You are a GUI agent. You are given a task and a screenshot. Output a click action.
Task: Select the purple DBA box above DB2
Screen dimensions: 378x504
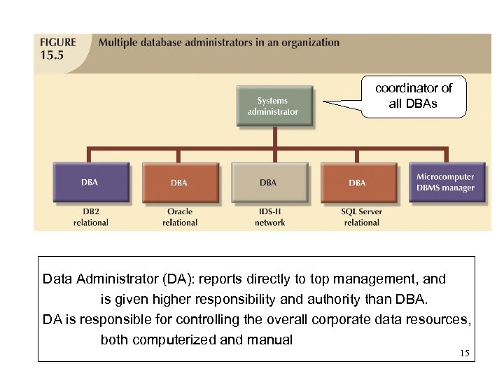pos(91,183)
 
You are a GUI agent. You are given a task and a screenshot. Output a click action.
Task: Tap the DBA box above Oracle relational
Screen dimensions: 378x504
pos(180,183)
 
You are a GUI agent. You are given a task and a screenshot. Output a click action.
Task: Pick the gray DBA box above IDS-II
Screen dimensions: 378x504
pos(269,183)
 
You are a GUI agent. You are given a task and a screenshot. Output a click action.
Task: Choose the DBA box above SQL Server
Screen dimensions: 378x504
pos(358,183)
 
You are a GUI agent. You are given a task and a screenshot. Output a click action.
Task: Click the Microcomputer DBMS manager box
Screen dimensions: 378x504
pos(446,182)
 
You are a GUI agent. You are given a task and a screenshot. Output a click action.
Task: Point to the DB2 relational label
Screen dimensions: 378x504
pos(91,217)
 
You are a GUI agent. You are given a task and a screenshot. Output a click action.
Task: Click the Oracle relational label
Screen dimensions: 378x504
pos(180,217)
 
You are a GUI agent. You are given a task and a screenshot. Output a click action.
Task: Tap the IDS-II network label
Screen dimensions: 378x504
pos(269,217)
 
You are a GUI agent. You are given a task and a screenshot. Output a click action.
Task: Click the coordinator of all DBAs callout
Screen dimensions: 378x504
pos(414,96)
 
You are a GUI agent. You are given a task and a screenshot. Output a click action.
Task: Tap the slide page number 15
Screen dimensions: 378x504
pos(465,353)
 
